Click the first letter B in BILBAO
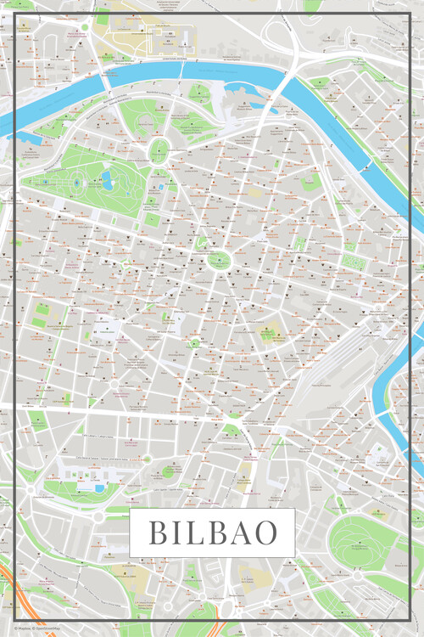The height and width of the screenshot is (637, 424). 159,533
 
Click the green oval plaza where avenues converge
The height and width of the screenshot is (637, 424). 219,260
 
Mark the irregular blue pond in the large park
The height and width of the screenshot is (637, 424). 107,179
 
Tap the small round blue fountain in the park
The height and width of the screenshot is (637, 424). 76,182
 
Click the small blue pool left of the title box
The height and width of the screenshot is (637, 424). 100,488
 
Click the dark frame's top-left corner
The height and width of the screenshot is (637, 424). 17,14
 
